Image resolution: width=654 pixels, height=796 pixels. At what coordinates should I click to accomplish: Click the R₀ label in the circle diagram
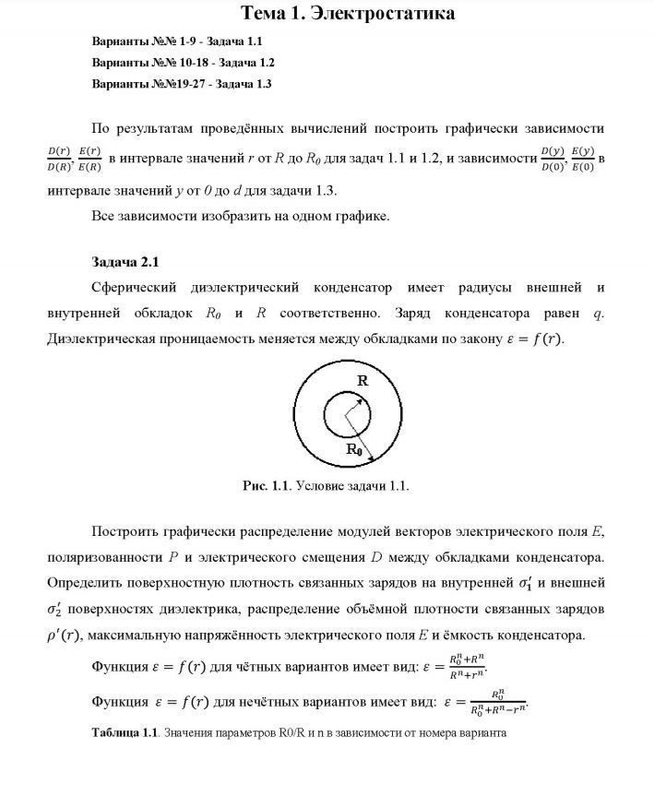tap(354, 450)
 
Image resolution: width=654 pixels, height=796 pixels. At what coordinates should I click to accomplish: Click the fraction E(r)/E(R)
tap(89, 159)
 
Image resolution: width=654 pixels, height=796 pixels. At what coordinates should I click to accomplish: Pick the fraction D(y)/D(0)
tap(552, 159)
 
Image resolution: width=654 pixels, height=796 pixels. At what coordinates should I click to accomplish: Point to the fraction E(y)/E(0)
tap(583, 159)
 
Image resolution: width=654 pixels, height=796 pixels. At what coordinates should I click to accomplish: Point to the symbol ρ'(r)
tap(67, 636)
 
